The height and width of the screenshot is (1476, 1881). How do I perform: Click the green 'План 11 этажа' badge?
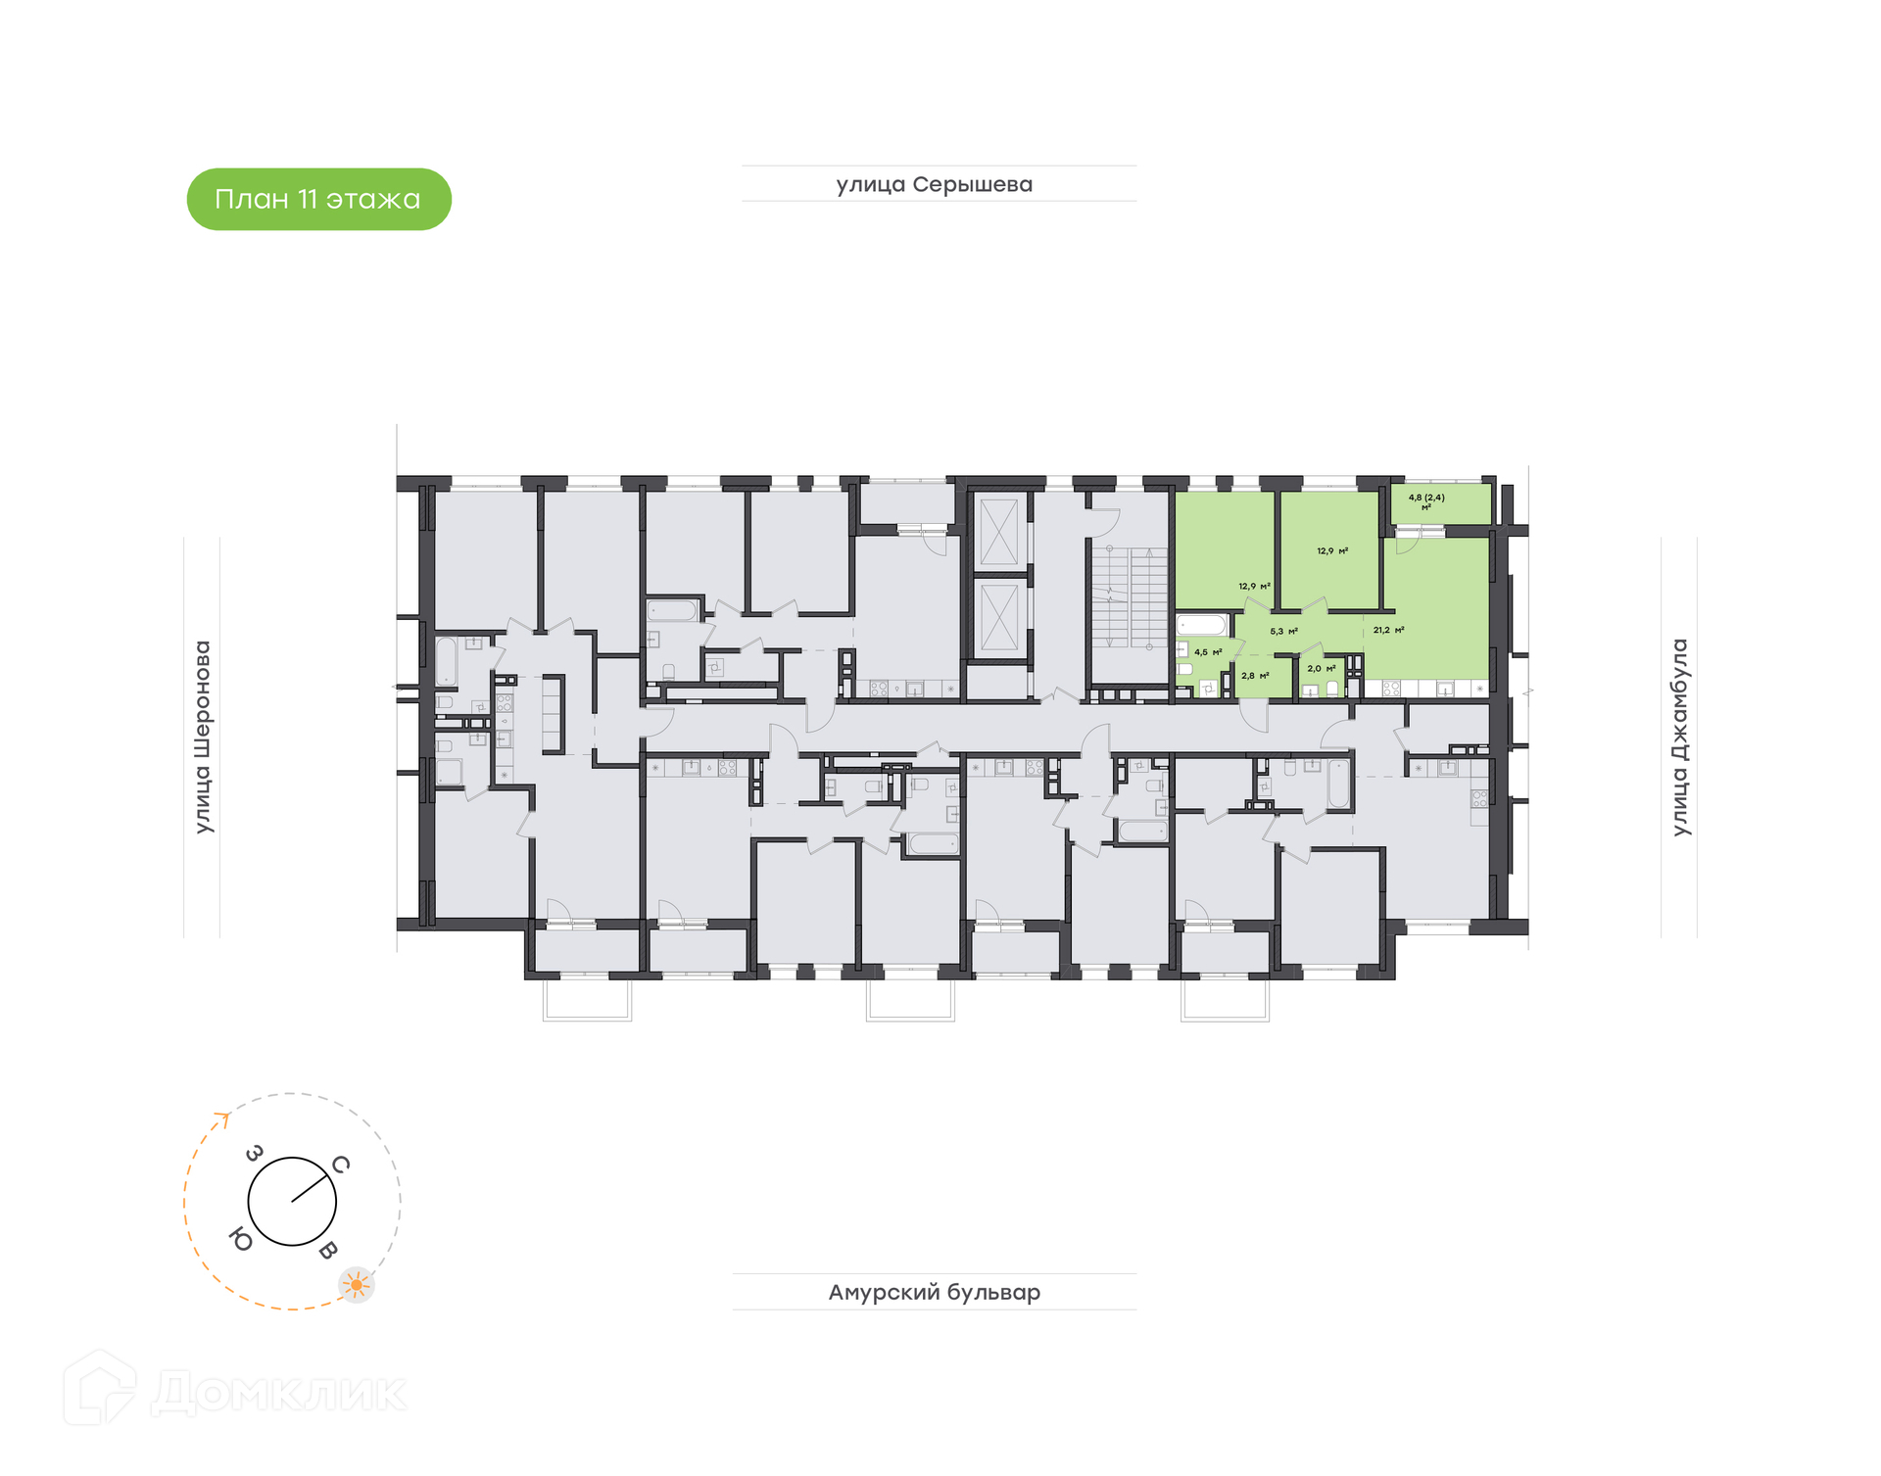tap(318, 199)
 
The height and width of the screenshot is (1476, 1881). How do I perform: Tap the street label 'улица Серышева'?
tap(934, 184)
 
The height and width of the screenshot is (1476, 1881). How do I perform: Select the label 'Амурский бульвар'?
tap(934, 1292)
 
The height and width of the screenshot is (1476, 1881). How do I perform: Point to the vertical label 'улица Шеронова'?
tap(202, 737)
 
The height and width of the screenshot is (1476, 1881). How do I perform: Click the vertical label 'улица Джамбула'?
tap(1679, 737)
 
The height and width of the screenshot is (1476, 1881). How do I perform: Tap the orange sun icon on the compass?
tap(357, 1284)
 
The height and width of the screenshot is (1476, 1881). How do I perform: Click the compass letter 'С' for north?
tap(340, 1165)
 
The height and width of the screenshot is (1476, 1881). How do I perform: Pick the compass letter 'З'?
tap(254, 1154)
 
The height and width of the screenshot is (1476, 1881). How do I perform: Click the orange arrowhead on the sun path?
tap(223, 1118)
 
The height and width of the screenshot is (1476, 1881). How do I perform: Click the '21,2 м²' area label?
tap(1388, 630)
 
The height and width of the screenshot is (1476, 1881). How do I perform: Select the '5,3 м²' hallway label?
tap(1283, 632)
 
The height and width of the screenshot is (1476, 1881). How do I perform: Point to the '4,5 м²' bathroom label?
tap(1208, 652)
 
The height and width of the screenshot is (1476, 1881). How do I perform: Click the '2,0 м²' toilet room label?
tap(1322, 669)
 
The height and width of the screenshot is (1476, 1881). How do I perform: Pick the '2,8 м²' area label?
tap(1255, 676)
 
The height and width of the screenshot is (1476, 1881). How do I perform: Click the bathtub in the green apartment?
tap(1202, 625)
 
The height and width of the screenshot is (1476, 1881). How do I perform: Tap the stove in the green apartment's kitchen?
tap(1391, 690)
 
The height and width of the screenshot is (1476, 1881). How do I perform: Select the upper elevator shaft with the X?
tap(999, 531)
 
